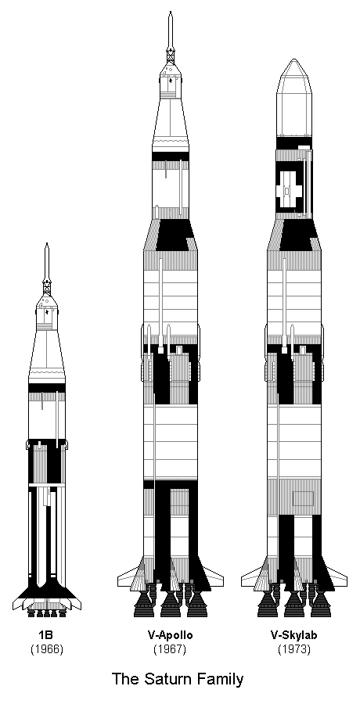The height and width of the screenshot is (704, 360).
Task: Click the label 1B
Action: pyautogui.click(x=47, y=635)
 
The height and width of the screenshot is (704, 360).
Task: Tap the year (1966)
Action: pyautogui.click(x=47, y=649)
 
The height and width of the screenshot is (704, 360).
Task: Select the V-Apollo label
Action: pyautogui.click(x=171, y=635)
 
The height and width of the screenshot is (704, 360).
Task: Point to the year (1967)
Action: pyautogui.click(x=171, y=649)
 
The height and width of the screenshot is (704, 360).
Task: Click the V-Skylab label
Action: pyautogui.click(x=294, y=635)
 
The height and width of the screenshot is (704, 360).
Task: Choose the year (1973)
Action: pyautogui.click(x=294, y=649)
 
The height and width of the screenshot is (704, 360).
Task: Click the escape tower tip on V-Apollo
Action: pyautogui.click(x=171, y=12)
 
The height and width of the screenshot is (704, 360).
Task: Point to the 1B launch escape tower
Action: pyautogui.click(x=47, y=268)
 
